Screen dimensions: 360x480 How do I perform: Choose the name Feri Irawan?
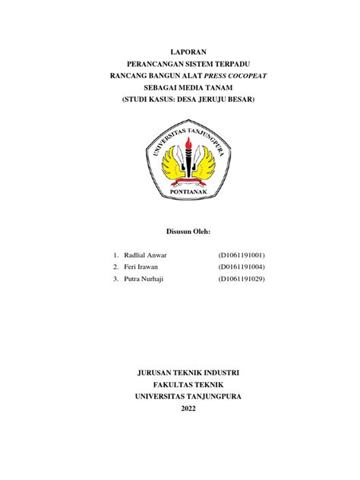pyautogui.click(x=142, y=267)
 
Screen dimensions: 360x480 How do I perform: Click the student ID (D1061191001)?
pyautogui.click(x=242, y=254)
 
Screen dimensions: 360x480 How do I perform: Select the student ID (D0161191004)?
pyautogui.click(x=242, y=267)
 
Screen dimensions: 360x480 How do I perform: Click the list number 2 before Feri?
pyautogui.click(x=115, y=267)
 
